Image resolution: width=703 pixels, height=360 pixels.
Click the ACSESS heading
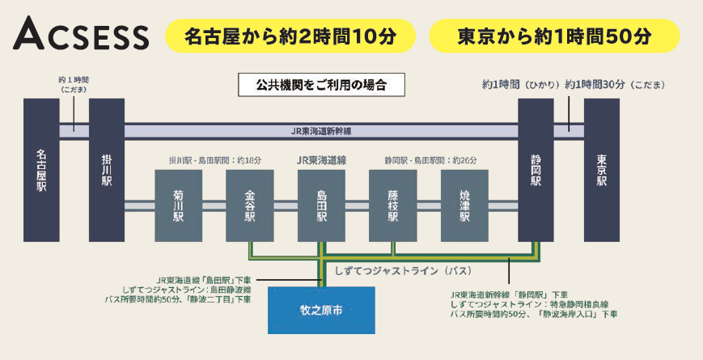tap(82, 36)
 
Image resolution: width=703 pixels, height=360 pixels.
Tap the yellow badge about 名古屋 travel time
tap(290, 36)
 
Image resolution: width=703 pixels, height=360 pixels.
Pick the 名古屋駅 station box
tap(42, 169)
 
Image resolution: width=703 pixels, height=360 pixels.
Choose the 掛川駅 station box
tap(106, 169)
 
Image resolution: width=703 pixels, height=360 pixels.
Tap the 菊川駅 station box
tap(178, 205)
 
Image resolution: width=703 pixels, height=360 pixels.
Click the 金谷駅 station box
tap(250, 205)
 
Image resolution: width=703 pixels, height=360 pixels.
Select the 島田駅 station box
tap(322, 205)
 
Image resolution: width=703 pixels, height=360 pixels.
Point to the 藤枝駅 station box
tap(393, 205)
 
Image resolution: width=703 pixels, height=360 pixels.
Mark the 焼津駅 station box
tap(464, 205)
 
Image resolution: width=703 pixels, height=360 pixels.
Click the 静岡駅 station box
tap(536, 169)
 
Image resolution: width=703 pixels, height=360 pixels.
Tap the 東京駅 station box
tap(601, 169)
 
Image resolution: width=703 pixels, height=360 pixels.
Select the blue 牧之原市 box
tap(321, 308)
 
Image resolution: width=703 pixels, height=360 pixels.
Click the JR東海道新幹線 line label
tap(321, 130)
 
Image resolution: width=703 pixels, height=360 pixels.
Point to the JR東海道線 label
tap(321, 160)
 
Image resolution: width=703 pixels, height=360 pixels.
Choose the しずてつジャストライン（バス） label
tap(402, 270)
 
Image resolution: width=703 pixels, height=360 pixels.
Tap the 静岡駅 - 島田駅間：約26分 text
tap(430, 160)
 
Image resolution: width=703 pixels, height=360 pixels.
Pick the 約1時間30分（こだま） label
tap(607, 84)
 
